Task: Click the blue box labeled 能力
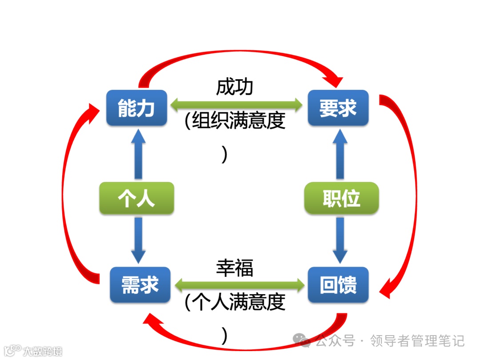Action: coord(136,108)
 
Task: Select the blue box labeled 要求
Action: coord(338,108)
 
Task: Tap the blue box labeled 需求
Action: coord(140,284)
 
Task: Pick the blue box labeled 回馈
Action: coord(338,284)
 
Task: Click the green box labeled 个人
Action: coord(136,198)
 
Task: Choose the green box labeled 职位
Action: coord(341,198)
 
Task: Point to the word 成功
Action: coord(235,87)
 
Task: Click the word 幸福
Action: coord(235,268)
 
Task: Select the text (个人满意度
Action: coord(235,303)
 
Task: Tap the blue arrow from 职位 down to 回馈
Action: coord(340,240)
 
